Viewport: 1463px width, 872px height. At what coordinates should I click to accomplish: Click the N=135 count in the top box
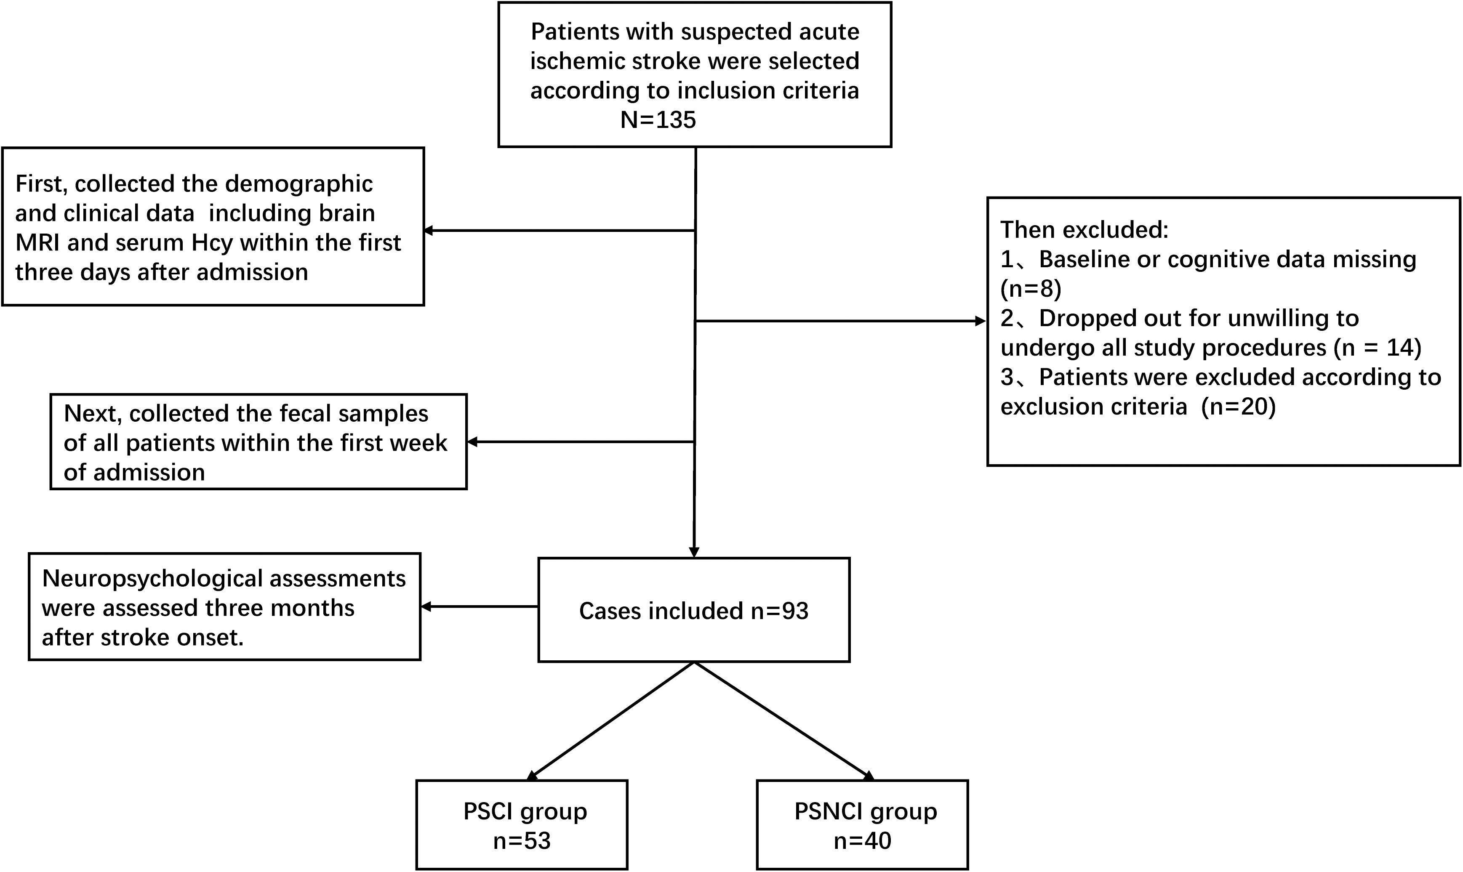tap(658, 120)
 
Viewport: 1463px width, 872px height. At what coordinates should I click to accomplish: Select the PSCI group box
tap(522, 824)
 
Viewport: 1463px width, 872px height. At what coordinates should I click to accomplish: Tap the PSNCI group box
tap(862, 824)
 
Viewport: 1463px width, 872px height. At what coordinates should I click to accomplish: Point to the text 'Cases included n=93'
tap(693, 611)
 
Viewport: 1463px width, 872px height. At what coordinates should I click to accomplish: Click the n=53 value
tap(522, 841)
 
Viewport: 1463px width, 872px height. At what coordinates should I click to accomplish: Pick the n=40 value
tap(862, 841)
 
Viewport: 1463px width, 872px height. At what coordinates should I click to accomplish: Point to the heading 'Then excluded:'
tap(1085, 230)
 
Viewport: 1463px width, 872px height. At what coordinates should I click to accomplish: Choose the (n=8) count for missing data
tap(1031, 289)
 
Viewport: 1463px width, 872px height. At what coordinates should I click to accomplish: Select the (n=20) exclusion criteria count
tap(1239, 407)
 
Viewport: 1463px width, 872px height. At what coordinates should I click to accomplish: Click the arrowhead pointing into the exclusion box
tap(981, 321)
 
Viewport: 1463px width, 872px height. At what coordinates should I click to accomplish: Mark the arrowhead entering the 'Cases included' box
tap(694, 552)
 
